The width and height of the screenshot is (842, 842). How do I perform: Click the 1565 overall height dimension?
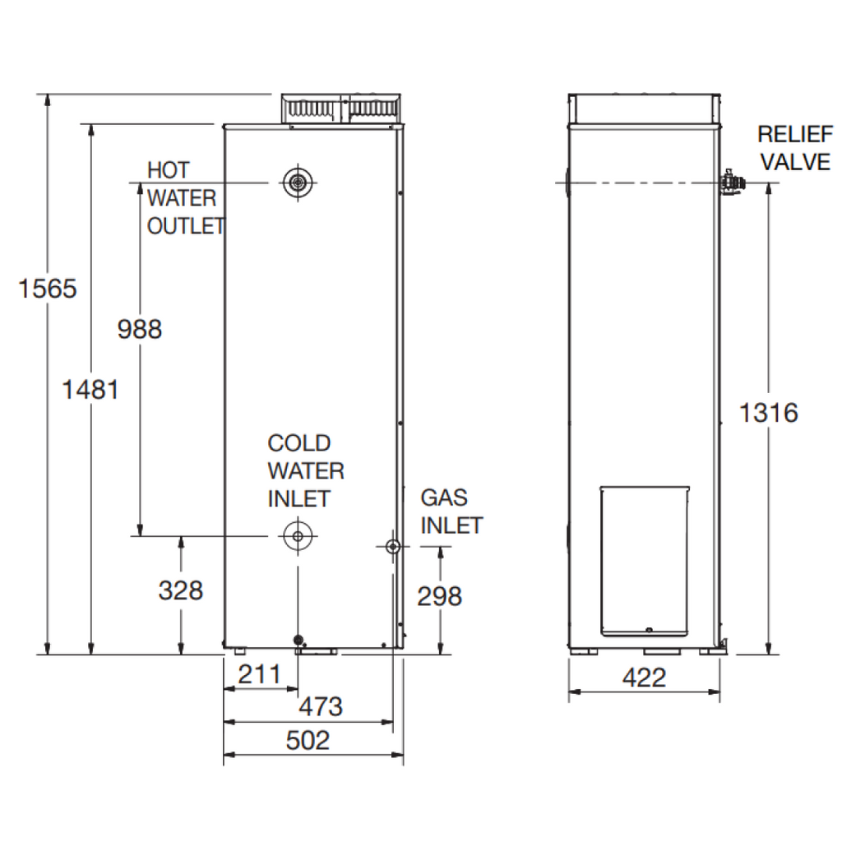tap(48, 289)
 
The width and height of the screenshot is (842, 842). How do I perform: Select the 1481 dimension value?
tap(90, 389)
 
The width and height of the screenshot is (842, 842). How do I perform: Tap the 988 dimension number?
tap(140, 329)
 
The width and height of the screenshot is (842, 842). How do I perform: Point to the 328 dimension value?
tap(181, 590)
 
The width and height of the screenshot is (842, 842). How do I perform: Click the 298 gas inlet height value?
tap(440, 596)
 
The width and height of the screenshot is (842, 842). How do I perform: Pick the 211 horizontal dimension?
tap(259, 674)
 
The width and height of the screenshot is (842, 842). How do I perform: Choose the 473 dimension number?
tap(321, 706)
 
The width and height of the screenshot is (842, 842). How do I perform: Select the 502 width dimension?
tap(308, 741)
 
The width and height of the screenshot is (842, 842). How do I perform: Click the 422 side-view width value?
tap(645, 678)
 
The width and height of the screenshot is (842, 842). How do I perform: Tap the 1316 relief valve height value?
tap(769, 413)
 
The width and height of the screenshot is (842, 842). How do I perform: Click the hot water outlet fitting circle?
tap(298, 183)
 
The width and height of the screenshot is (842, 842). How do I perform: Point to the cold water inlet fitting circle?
tap(298, 536)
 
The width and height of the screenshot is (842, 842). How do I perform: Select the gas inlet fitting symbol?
tap(393, 547)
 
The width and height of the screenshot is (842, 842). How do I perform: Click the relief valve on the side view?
tap(732, 183)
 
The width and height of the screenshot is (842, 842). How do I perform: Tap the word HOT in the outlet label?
tap(169, 170)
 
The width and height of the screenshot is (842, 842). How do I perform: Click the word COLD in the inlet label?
tap(299, 443)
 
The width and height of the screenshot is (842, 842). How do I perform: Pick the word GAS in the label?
tap(444, 497)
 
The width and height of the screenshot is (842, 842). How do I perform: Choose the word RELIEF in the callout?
tap(795, 134)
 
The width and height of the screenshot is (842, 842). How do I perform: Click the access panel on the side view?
tap(645, 561)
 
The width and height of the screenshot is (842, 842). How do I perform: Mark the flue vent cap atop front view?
tap(341, 111)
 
